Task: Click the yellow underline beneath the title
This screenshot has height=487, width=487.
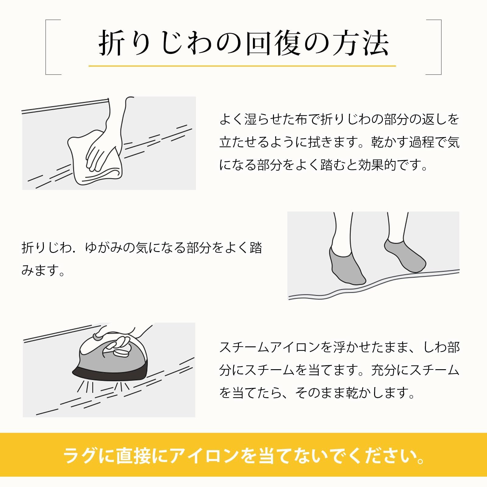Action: click(x=242, y=66)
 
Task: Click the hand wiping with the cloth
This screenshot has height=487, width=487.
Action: click(x=103, y=149)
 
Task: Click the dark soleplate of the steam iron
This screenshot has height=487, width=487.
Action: click(x=110, y=373)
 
